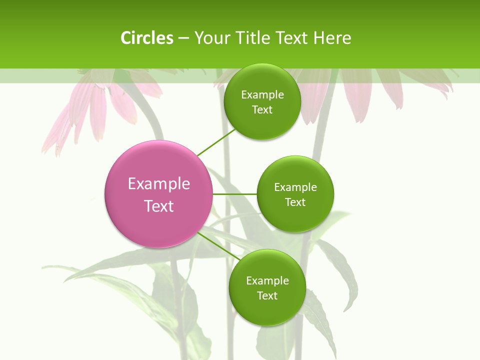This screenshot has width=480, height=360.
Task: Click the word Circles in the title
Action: (146, 38)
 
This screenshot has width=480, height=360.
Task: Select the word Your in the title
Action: (211, 38)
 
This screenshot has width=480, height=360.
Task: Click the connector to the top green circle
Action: (215, 142)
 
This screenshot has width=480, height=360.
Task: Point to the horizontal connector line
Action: (235, 194)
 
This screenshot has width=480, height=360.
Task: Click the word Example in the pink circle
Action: (158, 184)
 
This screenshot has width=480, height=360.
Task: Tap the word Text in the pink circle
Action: (158, 206)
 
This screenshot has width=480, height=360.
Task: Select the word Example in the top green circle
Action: (262, 95)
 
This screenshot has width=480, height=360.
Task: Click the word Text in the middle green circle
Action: (295, 202)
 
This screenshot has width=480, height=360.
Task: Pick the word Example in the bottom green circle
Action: (267, 281)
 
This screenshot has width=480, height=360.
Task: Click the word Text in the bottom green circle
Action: (267, 295)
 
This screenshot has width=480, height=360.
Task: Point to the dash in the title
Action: (183, 38)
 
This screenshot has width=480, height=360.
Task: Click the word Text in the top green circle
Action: (262, 109)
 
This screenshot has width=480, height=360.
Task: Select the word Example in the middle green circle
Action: (295, 187)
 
